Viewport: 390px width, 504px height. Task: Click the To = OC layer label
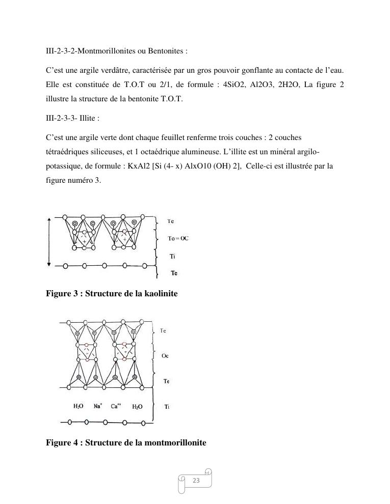point(178,238)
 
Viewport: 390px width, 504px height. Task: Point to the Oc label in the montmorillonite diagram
point(165,356)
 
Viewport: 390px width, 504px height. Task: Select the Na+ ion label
point(98,406)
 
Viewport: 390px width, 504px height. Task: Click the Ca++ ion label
point(116,406)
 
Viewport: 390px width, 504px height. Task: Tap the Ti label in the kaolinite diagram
point(172,257)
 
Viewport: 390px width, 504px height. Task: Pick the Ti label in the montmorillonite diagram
point(167,406)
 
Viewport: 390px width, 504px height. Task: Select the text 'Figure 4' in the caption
point(61,442)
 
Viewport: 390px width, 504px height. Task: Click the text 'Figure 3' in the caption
point(61,294)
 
